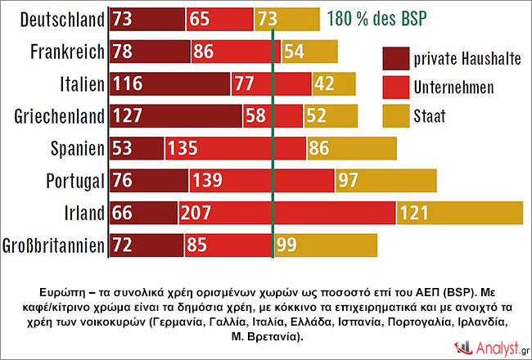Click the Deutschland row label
point(55,18)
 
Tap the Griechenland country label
point(55,116)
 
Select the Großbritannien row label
point(55,245)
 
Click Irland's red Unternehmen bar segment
point(286,213)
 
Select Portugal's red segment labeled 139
point(261,180)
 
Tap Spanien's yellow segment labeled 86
point(351,148)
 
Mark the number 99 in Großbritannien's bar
point(287,245)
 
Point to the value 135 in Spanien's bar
point(185,149)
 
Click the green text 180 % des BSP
point(380,18)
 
